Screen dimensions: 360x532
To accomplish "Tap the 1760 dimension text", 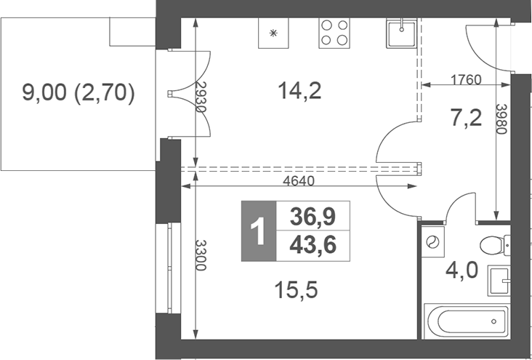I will (465, 79).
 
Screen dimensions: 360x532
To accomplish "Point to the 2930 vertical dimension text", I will (201, 95).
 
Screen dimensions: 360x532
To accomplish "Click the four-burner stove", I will (335, 33).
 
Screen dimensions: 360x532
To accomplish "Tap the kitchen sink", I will (400, 33).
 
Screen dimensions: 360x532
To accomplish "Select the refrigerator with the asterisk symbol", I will (274, 32).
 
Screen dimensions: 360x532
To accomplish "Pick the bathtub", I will (466, 321).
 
